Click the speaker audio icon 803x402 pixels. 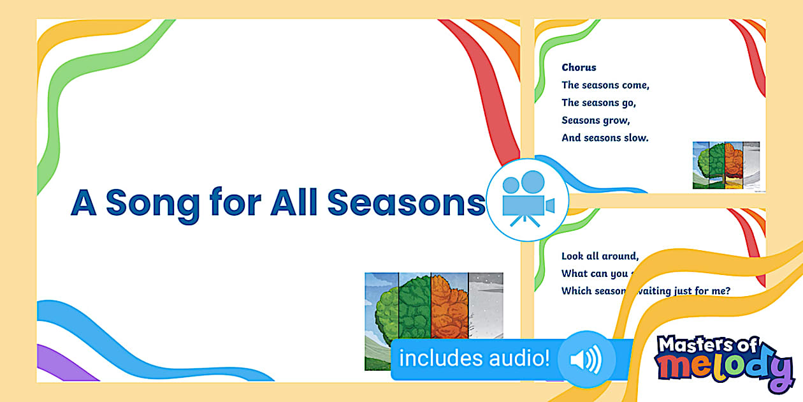click(x=586, y=360)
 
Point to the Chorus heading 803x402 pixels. click(x=579, y=67)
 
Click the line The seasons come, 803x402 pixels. click(x=605, y=85)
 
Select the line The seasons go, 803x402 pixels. click(x=598, y=103)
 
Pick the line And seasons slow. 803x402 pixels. click(x=605, y=138)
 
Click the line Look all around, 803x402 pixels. click(x=599, y=256)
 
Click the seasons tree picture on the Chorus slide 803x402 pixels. click(x=726, y=165)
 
